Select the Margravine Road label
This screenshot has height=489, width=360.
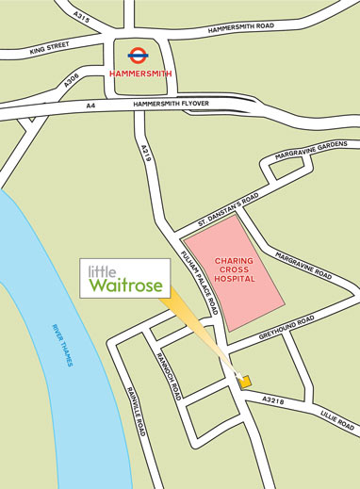pos(303,264)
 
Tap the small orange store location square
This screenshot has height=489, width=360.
pos(246,382)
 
